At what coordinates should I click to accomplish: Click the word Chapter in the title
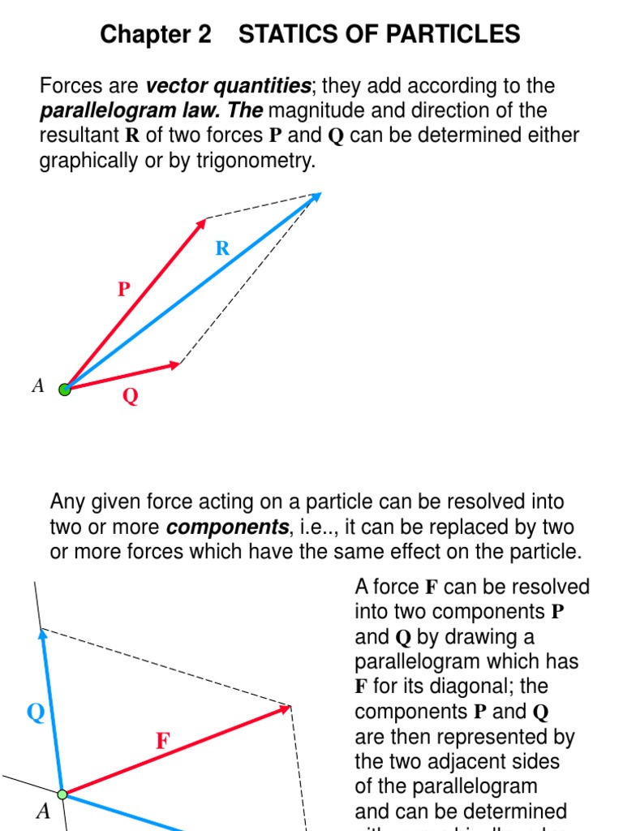coord(155,35)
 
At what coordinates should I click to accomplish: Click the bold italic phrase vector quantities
coord(229,86)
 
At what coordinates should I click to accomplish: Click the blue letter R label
coord(222,249)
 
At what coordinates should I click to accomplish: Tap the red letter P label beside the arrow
coord(124,289)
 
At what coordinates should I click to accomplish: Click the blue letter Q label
coord(36,713)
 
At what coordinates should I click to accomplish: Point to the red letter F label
coord(163,741)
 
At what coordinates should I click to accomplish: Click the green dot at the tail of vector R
coord(65,389)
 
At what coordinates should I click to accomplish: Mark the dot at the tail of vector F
coord(62,794)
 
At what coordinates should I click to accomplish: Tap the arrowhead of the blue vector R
coord(316,196)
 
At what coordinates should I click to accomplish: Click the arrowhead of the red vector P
coord(201,222)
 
